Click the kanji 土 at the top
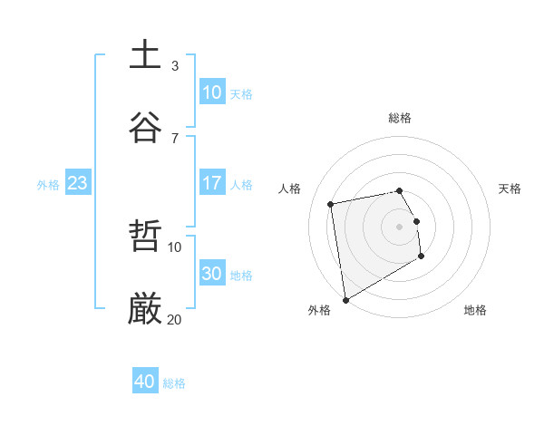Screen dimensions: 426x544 tap(145, 54)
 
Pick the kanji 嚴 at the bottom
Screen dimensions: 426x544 tap(145, 309)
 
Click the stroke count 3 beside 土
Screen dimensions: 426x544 tap(175, 65)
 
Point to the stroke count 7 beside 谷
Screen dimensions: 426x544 tap(175, 138)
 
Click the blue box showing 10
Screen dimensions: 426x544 tap(212, 92)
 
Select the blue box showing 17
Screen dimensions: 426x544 tap(212, 183)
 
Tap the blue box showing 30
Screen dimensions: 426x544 tap(212, 274)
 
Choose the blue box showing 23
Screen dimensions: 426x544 tap(78, 183)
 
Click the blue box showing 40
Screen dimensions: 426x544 tap(145, 382)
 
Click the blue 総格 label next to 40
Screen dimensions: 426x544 tap(174, 383)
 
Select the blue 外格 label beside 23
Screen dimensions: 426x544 tap(48, 185)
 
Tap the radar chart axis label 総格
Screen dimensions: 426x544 tap(400, 118)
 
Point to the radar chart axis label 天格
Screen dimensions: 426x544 tap(510, 189)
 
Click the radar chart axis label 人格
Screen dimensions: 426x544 tap(290, 189)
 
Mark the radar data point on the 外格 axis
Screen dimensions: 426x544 tap(345, 299)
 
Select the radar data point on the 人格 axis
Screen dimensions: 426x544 tap(331, 204)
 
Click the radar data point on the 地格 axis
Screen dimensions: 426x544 tap(421, 257)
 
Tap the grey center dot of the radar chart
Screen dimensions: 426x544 tap(400, 227)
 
